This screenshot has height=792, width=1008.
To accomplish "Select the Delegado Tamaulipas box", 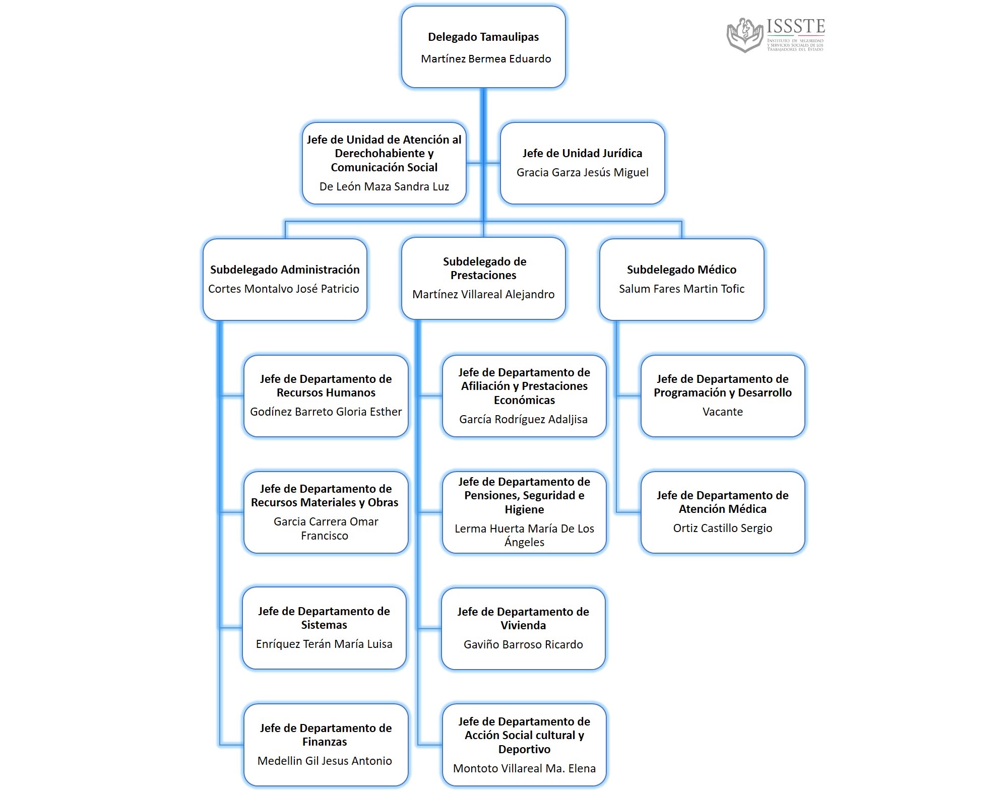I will (483, 47).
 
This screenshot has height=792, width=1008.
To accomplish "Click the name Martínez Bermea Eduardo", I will (486, 59).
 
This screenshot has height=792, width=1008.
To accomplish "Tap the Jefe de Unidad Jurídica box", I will (582, 163).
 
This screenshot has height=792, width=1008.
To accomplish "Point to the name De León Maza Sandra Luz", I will (384, 186).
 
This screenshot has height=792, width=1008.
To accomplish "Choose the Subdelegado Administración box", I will (285, 279).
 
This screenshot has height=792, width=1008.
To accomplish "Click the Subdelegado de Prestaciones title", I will (484, 268).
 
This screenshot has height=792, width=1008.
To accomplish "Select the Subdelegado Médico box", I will (681, 279).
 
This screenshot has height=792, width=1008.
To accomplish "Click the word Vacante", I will (723, 412).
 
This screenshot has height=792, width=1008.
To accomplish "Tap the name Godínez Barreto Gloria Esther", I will (326, 412).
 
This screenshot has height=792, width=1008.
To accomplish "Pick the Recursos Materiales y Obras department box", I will (326, 512).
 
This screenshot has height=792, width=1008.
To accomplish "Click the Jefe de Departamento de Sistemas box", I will (324, 628).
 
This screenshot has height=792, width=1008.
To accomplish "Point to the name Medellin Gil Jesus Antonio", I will (325, 761).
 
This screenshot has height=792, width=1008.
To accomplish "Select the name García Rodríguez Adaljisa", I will (523, 419).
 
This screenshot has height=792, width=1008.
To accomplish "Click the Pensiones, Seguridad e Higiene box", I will (524, 512).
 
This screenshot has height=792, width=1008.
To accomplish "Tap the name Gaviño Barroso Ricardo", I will (523, 644).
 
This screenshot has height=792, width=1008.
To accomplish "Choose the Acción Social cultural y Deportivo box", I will (524, 744).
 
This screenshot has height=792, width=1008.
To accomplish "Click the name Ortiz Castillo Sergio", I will (723, 528).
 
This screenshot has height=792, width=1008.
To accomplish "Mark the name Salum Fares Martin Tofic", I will (681, 289).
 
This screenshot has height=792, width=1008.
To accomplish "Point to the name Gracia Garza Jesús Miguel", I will (582, 172).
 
